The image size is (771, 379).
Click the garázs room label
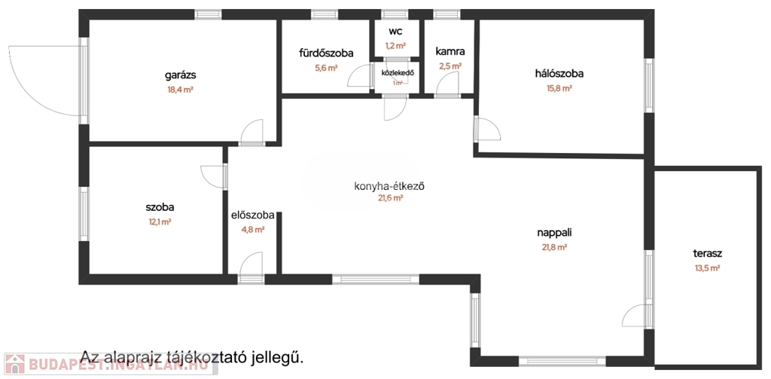(x=180, y=75)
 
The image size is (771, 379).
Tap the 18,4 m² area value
(x=180, y=89)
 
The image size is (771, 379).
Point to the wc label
(x=395, y=32)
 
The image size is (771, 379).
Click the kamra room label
(x=449, y=52)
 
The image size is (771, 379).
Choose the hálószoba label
(x=559, y=73)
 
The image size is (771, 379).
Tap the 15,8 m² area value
(x=559, y=88)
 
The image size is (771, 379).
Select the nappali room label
(x=555, y=233)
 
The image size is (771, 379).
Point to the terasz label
(x=708, y=253)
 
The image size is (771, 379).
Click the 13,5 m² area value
(x=708, y=267)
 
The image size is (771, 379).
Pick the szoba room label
(x=160, y=207)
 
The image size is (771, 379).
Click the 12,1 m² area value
(x=160, y=222)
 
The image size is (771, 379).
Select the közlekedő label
(x=398, y=72)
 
